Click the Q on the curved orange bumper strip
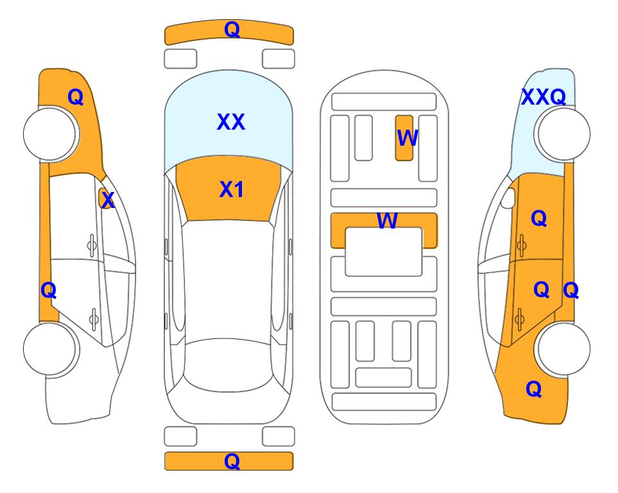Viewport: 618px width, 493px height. [x=232, y=30]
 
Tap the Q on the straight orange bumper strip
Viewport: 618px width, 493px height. [x=232, y=461]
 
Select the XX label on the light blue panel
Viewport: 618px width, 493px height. [x=231, y=122]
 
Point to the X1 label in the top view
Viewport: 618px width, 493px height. [x=232, y=189]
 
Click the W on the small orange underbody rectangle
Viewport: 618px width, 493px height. [x=407, y=138]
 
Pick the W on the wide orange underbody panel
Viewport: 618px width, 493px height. [x=387, y=221]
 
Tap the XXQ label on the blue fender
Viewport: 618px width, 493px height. [x=544, y=97]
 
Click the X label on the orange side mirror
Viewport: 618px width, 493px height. [x=108, y=200]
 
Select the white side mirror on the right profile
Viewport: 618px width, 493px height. [x=508, y=198]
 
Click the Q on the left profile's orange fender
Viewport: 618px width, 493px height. [x=76, y=97]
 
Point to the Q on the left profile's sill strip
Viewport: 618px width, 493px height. [x=49, y=291]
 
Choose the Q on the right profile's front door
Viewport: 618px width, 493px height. [x=539, y=218]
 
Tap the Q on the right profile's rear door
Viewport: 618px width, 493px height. [x=541, y=290]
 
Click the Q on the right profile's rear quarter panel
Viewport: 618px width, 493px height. [x=534, y=389]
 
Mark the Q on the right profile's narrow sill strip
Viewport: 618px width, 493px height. [x=571, y=291]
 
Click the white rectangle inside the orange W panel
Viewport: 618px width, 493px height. [x=384, y=252]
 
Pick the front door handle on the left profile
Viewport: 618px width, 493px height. [x=92, y=246]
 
